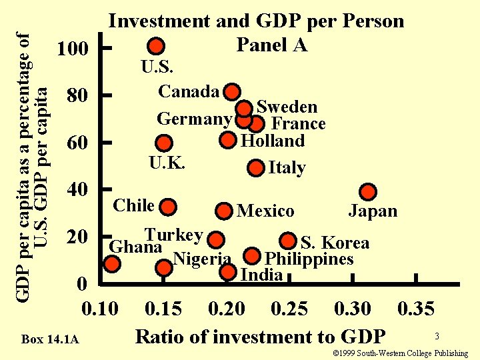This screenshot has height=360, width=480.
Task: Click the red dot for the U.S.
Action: tap(156, 46)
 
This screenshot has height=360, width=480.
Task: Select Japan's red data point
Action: tap(367, 192)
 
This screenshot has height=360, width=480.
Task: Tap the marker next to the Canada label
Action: tap(232, 91)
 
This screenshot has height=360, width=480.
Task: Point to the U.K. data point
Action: tap(164, 143)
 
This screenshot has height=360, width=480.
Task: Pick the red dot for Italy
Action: tap(256, 167)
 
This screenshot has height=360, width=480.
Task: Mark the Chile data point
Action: tap(169, 206)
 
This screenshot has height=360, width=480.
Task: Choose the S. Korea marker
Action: tap(288, 241)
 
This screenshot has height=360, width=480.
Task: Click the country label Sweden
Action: tap(287, 107)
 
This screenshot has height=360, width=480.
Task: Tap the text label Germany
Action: tap(194, 119)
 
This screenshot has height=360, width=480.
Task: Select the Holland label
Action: tap(273, 141)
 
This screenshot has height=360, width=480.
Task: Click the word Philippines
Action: tap(309, 259)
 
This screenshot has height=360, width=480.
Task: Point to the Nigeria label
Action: tap(201, 259)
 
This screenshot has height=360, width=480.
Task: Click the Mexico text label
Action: tap(265, 211)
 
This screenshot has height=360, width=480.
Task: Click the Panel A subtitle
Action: tap(271, 45)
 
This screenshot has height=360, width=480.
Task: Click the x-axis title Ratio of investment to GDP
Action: tap(260, 336)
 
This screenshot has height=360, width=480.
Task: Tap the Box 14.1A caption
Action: tap(50, 340)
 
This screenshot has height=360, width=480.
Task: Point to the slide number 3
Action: tap(437, 337)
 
